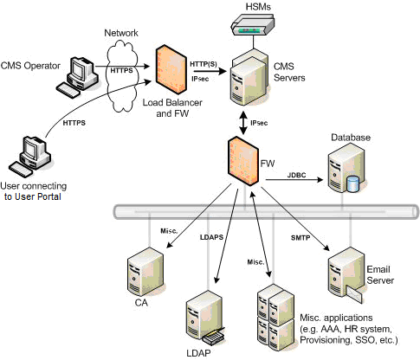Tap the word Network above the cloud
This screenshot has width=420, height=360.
pyautogui.click(x=121, y=32)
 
